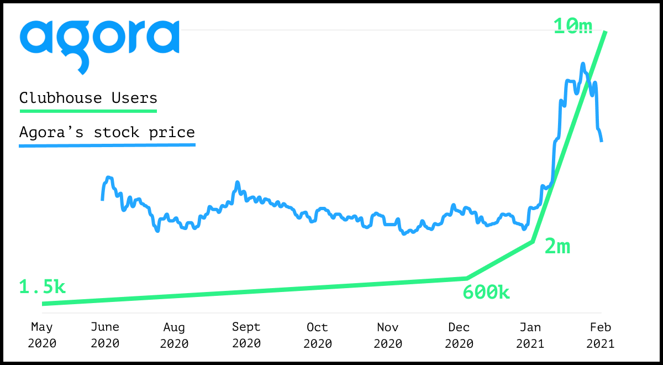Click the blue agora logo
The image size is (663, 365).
tap(99, 46)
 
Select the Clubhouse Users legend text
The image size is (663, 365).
tap(88, 98)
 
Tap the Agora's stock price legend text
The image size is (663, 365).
tap(107, 132)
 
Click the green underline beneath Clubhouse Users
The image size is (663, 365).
tap(88, 111)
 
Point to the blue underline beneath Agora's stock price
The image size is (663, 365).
tap(107, 145)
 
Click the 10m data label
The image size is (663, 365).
tap(573, 26)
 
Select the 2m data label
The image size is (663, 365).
tap(557, 247)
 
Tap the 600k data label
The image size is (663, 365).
tap(486, 292)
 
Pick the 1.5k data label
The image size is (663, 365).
tap(42, 287)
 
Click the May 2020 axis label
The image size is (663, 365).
tap(42, 335)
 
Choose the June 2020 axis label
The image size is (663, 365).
tap(105, 335)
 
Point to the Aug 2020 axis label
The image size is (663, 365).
tap(175, 335)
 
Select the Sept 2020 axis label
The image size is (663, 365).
tap(246, 335)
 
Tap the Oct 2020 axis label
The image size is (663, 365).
tap(318, 335)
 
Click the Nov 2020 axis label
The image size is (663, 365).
tap(388, 335)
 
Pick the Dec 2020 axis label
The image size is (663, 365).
tap(459, 335)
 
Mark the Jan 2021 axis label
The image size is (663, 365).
tap(530, 335)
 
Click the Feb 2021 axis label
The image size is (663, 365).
tap(601, 335)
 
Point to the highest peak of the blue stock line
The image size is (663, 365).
tap(583, 64)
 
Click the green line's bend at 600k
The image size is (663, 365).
tap(467, 279)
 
